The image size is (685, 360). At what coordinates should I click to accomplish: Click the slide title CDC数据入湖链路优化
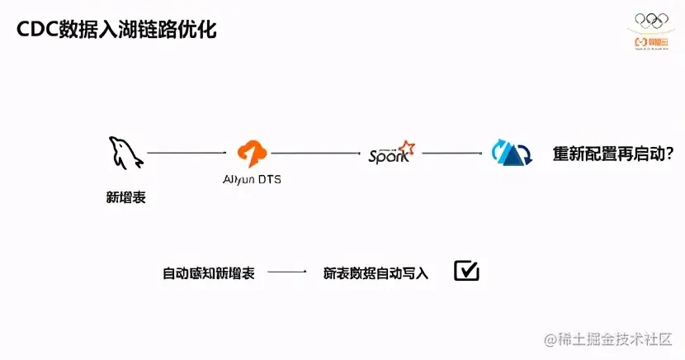click(117, 29)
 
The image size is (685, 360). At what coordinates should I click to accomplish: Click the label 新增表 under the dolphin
click(125, 197)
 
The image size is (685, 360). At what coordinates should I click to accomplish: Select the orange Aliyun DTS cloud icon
click(252, 153)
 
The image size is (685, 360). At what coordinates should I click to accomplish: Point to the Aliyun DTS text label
click(252, 179)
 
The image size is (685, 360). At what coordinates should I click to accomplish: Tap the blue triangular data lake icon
click(511, 153)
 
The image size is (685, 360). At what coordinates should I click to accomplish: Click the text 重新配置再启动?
click(612, 154)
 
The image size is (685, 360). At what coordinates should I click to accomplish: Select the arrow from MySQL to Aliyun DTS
click(187, 153)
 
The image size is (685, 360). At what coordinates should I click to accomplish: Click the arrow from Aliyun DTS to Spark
click(316, 153)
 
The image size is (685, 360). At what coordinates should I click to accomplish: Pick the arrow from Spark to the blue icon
click(451, 153)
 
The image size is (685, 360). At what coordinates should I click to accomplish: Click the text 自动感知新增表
click(208, 273)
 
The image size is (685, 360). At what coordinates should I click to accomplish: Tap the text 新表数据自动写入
click(376, 273)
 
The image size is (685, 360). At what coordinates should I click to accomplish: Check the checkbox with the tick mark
click(466, 271)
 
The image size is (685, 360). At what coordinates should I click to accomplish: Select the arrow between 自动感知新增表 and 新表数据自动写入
click(287, 272)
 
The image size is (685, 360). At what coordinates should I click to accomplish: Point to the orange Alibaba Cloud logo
click(651, 40)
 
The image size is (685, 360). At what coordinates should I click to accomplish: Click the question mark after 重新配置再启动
click(670, 154)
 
